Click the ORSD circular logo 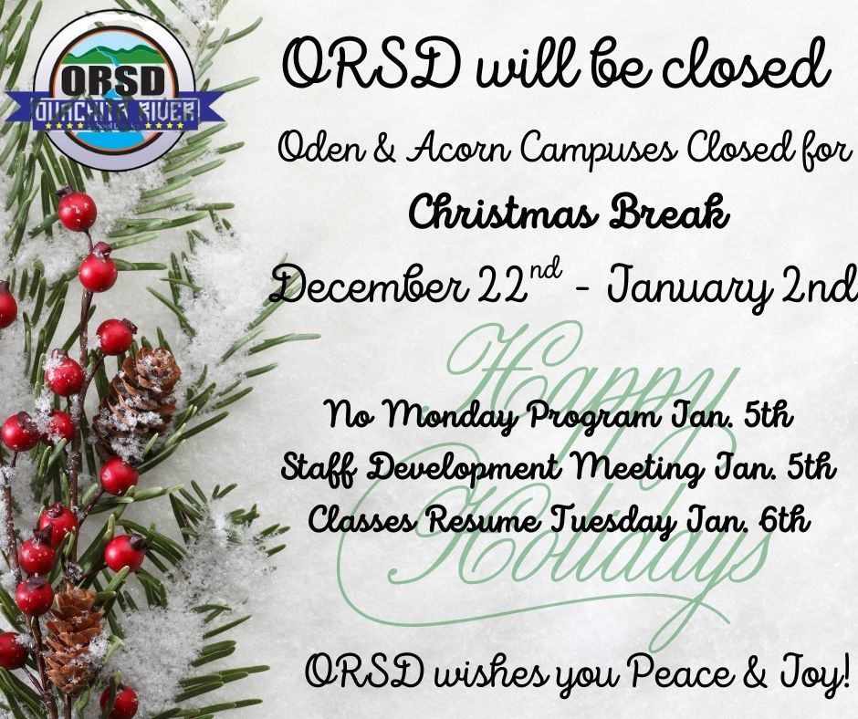click(x=115, y=89)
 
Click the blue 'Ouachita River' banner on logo click(x=115, y=111)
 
